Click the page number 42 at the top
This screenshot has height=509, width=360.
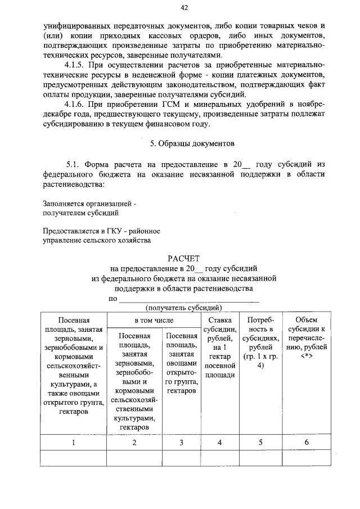183,7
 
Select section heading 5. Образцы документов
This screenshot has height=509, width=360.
184,143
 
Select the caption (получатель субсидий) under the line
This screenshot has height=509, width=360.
183,307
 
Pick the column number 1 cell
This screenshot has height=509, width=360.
73,442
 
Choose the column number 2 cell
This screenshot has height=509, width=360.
134,442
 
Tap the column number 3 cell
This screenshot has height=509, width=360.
181,442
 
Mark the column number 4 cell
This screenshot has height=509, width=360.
219,442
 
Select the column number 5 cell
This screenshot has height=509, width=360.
260,442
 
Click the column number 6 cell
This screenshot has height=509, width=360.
307,442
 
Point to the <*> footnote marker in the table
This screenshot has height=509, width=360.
307,355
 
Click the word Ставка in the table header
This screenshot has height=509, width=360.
219,319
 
